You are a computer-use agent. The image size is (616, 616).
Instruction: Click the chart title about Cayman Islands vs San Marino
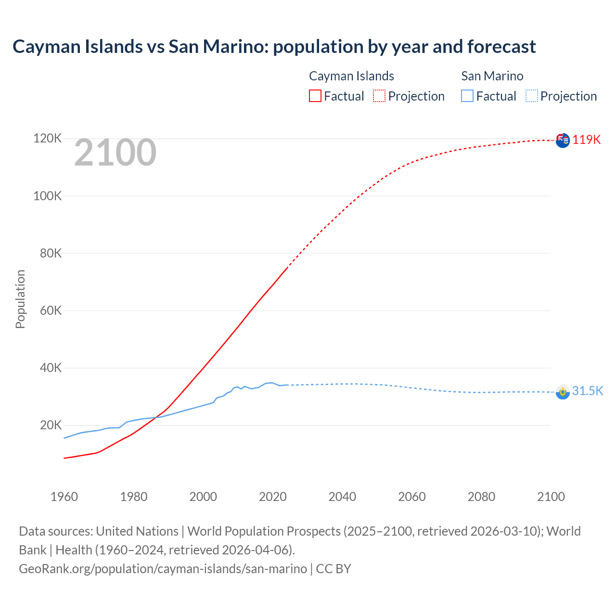click(274, 47)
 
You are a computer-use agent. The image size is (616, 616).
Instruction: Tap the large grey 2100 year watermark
click(115, 153)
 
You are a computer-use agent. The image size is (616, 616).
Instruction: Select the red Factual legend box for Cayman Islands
click(315, 96)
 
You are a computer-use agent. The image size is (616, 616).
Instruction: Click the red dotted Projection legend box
click(379, 96)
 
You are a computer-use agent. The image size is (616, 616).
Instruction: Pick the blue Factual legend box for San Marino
click(467, 96)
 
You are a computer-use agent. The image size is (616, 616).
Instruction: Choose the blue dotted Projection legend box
click(531, 96)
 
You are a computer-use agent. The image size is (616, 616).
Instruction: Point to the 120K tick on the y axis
click(48, 139)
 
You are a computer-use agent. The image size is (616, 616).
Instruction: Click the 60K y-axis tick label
click(50, 310)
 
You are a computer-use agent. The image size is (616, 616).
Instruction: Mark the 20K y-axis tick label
click(50, 425)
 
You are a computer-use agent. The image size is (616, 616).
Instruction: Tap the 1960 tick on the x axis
click(64, 497)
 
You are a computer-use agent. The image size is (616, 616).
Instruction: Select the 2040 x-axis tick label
click(342, 497)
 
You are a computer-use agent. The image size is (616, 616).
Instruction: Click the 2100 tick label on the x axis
click(551, 497)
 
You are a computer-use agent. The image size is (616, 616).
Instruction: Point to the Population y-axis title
click(20, 299)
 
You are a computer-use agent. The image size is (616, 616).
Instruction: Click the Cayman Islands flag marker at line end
click(563, 141)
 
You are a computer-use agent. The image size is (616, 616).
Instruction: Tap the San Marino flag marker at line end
click(563, 392)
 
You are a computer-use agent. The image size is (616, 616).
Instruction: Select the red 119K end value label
click(587, 140)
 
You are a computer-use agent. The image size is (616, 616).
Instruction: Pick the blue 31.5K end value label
click(587, 391)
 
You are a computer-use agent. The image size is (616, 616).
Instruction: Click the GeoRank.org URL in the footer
click(163, 569)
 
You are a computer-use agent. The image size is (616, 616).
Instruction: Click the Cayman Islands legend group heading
click(351, 76)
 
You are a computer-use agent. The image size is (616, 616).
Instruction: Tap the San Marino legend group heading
click(492, 76)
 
